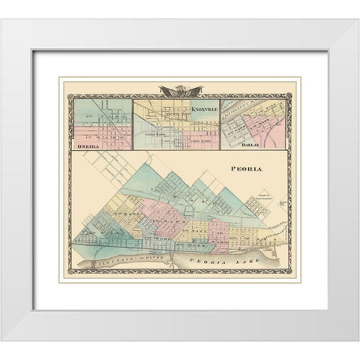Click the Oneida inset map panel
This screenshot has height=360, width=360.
click(102, 123)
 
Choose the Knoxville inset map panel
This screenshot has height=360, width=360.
click(176, 124)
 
